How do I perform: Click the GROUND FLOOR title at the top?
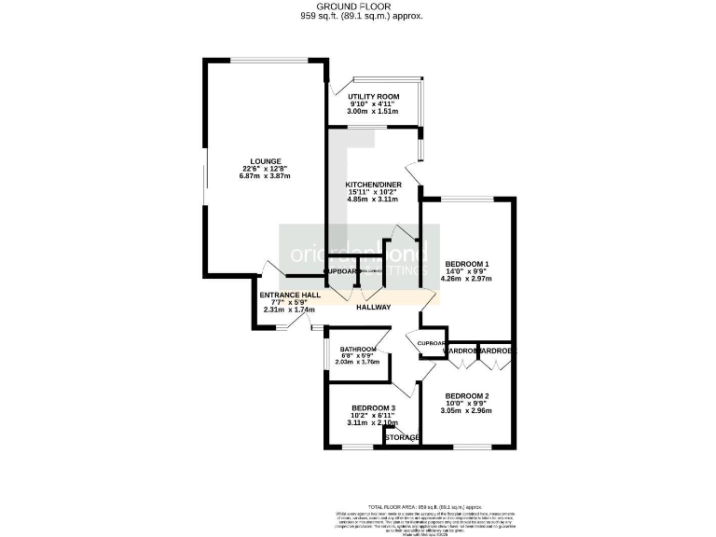click(357, 6)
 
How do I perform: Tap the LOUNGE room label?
click(265, 160)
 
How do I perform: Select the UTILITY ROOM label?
click(373, 96)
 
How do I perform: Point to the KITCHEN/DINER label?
click(373, 185)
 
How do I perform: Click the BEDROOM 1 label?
click(468, 263)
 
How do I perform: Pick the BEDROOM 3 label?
click(373, 408)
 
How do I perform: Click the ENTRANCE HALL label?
click(290, 295)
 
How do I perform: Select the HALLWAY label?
click(373, 308)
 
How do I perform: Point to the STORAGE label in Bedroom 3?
click(402, 436)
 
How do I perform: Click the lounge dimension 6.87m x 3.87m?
click(265, 175)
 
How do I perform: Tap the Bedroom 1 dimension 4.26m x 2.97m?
click(468, 278)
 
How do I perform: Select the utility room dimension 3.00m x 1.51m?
click(373, 111)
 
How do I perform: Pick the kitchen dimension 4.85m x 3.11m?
click(373, 200)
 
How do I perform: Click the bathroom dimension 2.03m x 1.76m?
click(357, 362)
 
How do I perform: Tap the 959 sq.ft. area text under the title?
click(357, 16)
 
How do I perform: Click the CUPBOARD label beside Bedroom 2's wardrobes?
click(433, 343)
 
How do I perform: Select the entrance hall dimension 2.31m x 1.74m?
click(290, 310)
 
